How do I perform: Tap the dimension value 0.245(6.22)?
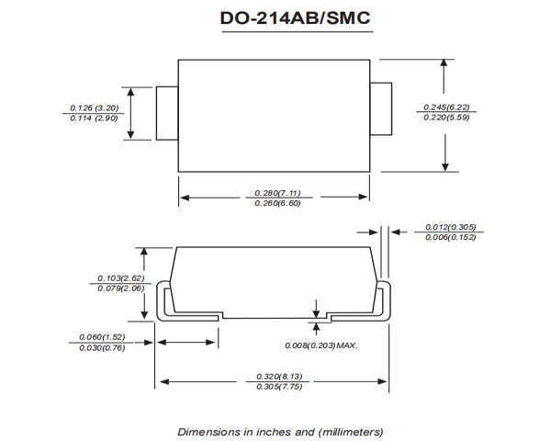447,107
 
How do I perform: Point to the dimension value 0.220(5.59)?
447,119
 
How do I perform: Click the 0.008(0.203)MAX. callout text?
320,345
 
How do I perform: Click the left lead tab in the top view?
166,114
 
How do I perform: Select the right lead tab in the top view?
380,112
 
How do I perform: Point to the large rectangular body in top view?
273,114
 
